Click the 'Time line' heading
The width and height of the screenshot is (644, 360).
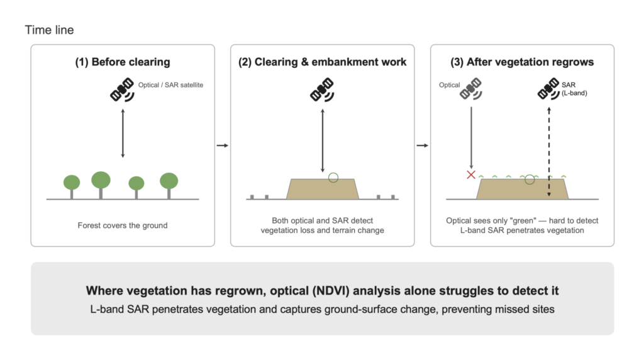(x=49, y=30)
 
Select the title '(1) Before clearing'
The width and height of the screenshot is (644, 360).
(x=123, y=62)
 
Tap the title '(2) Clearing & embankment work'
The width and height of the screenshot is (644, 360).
(x=323, y=62)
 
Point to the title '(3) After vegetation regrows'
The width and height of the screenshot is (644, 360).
(x=522, y=62)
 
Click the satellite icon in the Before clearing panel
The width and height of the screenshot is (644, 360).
(x=122, y=89)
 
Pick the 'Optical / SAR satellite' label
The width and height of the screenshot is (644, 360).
(x=170, y=85)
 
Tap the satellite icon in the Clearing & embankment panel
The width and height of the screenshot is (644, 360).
(x=322, y=89)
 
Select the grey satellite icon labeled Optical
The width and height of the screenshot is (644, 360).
(x=470, y=89)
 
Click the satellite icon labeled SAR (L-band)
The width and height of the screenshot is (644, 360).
(x=548, y=89)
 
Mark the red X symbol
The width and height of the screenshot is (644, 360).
(x=471, y=175)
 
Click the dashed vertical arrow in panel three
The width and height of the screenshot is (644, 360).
(x=548, y=152)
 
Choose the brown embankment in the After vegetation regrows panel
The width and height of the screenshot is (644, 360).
(x=523, y=189)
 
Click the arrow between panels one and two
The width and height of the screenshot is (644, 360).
(x=222, y=145)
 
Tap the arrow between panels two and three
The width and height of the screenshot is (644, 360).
(x=422, y=145)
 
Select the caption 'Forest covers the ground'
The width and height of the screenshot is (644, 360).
(x=123, y=225)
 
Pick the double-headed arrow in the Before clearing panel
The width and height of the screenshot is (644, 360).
(x=123, y=133)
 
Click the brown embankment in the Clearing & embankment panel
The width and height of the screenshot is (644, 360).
(x=323, y=189)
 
